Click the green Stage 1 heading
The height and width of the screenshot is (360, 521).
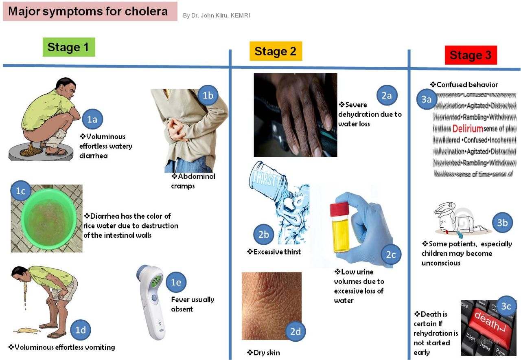69,47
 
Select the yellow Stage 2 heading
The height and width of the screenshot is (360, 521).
276,51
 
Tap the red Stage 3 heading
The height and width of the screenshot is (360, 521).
471,55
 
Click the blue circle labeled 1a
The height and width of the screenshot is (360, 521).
92,119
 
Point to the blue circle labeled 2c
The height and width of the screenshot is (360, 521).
391,255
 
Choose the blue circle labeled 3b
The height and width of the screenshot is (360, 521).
502,222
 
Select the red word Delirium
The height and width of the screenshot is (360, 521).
467,129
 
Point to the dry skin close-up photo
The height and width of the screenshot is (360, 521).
271,305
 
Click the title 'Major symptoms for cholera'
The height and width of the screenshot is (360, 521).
88,11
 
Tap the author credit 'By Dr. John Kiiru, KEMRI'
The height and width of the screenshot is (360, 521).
216,15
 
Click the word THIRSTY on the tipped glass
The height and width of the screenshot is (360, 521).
266,178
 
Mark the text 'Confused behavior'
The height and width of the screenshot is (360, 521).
464,85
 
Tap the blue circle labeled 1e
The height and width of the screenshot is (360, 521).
175,282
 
